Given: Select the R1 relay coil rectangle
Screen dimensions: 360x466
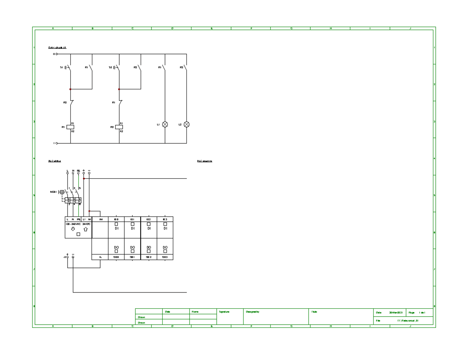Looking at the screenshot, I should (70, 127).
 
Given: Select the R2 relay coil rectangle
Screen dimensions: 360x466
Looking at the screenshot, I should (119, 127).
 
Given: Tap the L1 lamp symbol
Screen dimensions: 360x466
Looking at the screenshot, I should (165, 124).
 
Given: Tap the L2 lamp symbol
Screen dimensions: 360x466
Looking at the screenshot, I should (186, 124).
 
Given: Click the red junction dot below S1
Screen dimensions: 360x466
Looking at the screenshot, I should (70, 89).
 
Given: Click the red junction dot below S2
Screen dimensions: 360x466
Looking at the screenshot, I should (119, 89).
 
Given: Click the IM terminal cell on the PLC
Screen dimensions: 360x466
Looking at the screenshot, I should (101, 219).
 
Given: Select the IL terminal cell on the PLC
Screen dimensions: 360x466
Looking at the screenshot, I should (100, 257).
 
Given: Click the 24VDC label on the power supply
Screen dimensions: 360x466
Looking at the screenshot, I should (86, 224).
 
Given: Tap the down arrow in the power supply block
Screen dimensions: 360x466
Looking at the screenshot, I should (73, 229).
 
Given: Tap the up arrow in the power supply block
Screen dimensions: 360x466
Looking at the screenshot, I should (85, 229).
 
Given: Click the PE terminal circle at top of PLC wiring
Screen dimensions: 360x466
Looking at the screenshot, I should (78, 173).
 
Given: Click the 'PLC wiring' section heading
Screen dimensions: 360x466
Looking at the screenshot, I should (54, 161).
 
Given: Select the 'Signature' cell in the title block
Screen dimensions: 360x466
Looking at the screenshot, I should (230, 317).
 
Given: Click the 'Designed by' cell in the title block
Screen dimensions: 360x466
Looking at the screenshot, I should (276, 317).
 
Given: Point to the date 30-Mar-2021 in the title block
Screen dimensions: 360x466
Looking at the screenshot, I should (396, 313).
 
